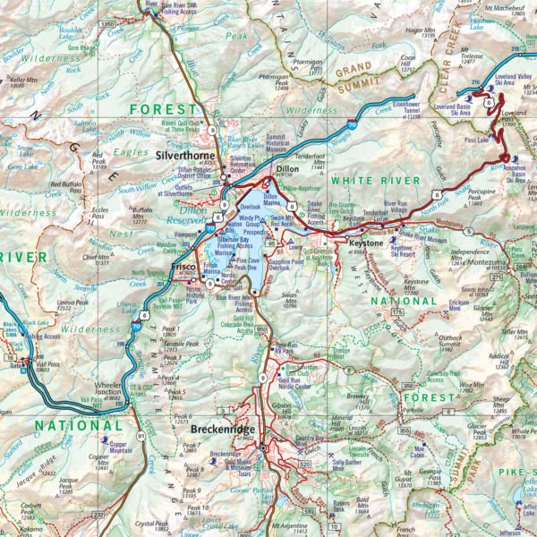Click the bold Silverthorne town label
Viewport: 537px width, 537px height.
coord(184,153)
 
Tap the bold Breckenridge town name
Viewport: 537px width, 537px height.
coord(217,428)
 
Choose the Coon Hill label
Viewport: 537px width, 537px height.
coord(409,61)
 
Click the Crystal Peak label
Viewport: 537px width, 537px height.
coord(151,524)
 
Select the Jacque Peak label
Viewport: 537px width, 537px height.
coord(68,482)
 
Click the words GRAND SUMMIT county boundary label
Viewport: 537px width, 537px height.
coord(365,72)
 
